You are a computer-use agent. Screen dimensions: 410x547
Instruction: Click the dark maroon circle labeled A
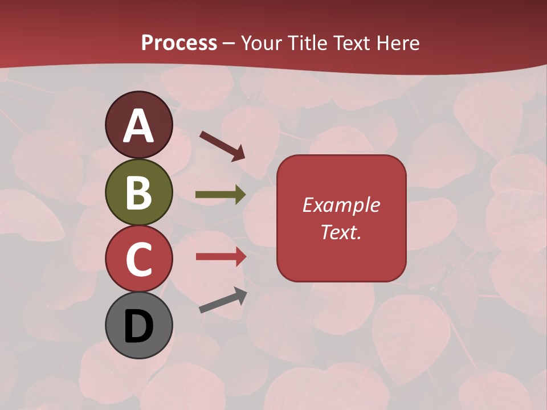(x=138, y=125)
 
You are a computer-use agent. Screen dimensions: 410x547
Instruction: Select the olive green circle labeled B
(x=138, y=192)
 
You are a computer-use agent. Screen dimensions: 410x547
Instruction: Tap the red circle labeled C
(x=138, y=259)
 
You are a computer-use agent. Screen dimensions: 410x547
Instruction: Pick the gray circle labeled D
(x=138, y=325)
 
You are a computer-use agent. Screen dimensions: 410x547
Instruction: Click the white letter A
(x=139, y=126)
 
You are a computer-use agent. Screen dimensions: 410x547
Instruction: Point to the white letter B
(x=138, y=192)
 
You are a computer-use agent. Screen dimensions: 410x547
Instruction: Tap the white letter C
(x=138, y=259)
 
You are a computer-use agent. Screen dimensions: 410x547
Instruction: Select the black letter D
(x=138, y=326)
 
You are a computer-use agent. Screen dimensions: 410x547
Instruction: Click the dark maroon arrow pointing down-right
(x=222, y=145)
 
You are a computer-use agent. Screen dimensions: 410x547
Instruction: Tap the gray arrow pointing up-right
(x=223, y=301)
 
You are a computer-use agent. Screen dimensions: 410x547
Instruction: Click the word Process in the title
(x=179, y=43)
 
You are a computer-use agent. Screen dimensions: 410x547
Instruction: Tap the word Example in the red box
(x=341, y=205)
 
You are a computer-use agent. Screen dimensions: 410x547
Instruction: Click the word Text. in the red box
(x=341, y=232)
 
